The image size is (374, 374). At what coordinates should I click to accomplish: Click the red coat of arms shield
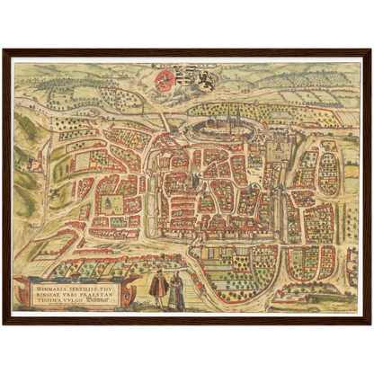[165, 82]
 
